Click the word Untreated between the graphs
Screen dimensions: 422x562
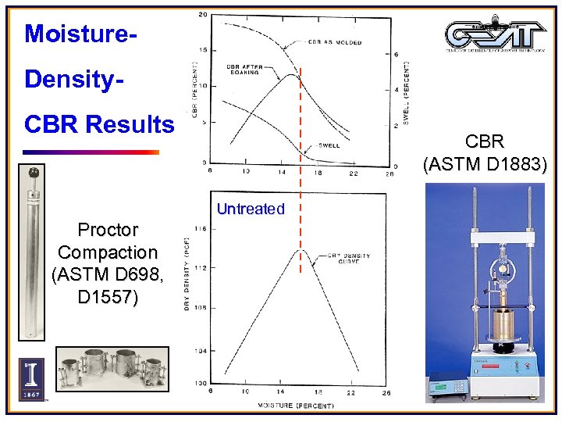[x=251, y=209]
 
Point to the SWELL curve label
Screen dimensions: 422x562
[x=329, y=145]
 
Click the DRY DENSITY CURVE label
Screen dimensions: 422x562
[x=349, y=259]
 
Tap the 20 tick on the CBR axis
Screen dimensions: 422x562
[x=203, y=16]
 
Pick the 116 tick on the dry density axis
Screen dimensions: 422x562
[x=201, y=228]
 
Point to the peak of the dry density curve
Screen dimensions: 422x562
[x=294, y=250]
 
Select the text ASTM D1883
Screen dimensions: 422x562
[x=486, y=165]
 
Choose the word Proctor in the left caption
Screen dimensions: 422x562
[x=108, y=231]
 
